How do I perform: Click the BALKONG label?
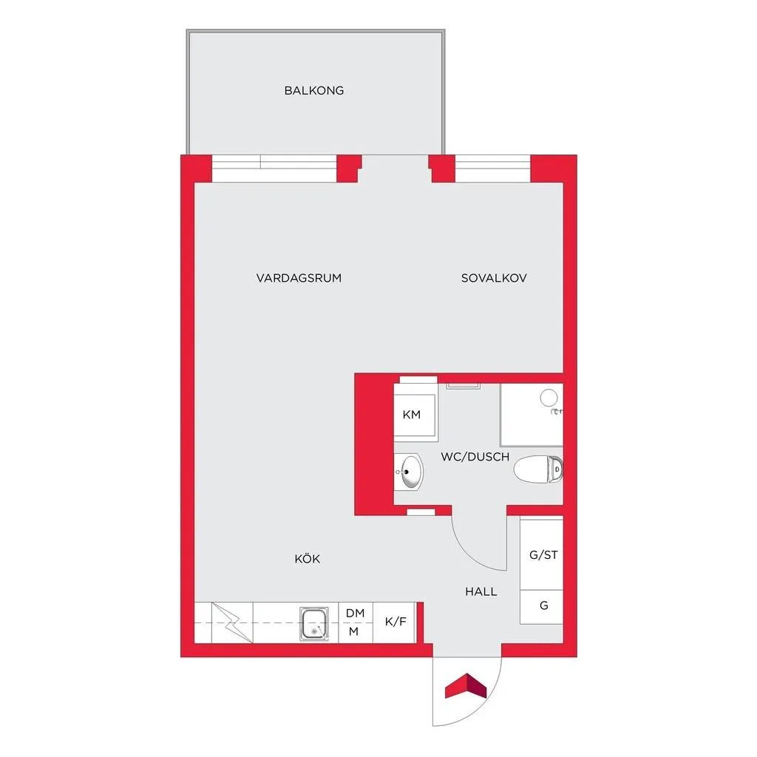coord(313,91)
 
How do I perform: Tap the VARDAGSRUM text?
coord(299,278)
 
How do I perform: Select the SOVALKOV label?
coord(494,278)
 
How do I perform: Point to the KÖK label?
coord(308,559)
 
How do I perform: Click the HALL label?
coord(481,592)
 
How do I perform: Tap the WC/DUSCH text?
coord(475,457)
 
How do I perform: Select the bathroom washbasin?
coord(409,472)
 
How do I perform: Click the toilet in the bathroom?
coord(538,469)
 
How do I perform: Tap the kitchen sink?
coord(313,624)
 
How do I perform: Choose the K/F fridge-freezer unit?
coord(395,622)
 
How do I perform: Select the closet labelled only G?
coord(542,607)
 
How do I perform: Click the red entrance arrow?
coord(466,686)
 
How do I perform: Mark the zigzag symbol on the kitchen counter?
coord(232,622)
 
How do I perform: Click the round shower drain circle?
coord(549,398)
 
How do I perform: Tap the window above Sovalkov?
coord(492,169)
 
